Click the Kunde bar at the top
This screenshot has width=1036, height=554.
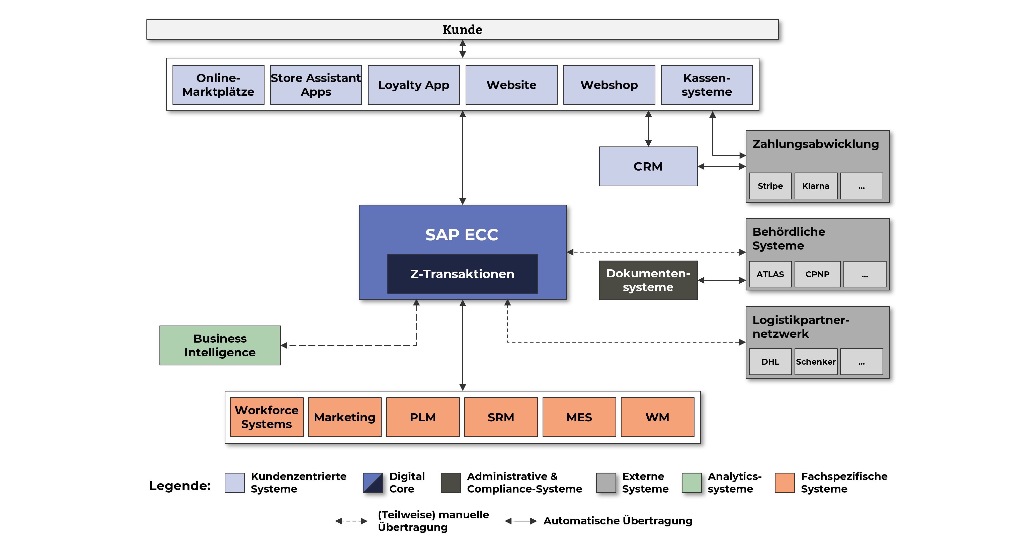[463, 29]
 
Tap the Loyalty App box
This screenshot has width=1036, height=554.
[413, 85]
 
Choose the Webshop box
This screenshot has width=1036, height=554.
[609, 85]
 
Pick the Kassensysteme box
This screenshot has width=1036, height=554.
[707, 85]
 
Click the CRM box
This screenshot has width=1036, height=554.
[648, 166]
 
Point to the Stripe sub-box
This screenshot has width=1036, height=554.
[770, 186]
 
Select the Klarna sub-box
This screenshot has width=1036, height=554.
[816, 186]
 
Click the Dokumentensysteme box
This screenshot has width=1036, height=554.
[648, 280]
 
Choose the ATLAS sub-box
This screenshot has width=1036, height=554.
[770, 274]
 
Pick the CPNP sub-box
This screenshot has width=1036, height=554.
[817, 274]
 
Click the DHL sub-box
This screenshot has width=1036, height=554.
[770, 362]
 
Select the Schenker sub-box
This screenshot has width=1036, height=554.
[816, 362]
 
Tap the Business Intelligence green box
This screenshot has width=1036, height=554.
[220, 345]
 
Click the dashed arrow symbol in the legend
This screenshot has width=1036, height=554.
[351, 521]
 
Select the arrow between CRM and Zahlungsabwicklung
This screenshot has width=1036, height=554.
[722, 167]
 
